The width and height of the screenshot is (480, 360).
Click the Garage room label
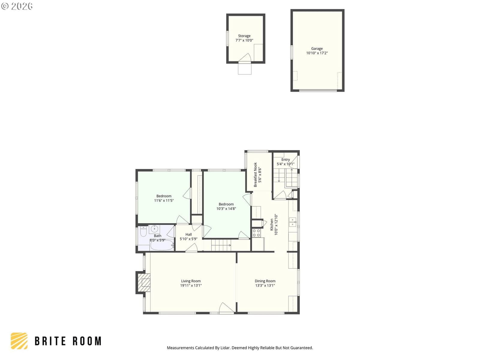click(x=316, y=49)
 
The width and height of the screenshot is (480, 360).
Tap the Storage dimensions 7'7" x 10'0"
click(x=244, y=40)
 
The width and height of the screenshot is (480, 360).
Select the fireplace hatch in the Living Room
click(x=144, y=282)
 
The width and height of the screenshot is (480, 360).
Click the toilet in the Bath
click(x=143, y=232)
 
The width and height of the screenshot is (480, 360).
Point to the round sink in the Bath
click(x=154, y=229)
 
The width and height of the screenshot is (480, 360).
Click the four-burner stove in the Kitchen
click(x=256, y=233)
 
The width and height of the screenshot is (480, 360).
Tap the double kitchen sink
click(x=292, y=222)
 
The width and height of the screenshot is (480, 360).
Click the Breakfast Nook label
click(x=255, y=175)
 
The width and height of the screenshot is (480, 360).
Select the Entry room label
click(x=285, y=160)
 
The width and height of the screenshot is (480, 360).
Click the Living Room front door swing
click(x=226, y=308)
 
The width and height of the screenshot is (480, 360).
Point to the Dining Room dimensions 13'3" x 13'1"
click(x=265, y=285)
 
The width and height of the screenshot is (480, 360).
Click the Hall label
click(x=188, y=234)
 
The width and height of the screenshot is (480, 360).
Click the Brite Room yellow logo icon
click(x=19, y=341)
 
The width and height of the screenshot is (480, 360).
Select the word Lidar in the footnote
click(x=225, y=348)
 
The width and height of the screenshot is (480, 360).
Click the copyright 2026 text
click(x=17, y=6)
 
